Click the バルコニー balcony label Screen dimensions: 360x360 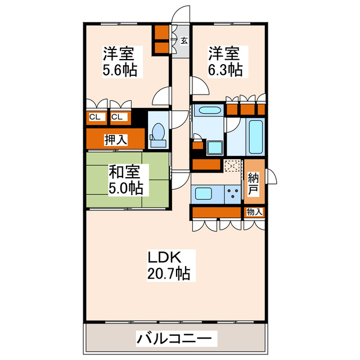point(174,339)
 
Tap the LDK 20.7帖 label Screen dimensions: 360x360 point(169,265)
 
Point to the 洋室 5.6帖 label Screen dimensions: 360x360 point(119,62)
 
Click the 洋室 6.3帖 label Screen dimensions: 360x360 point(225,62)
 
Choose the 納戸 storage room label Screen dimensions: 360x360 point(254,183)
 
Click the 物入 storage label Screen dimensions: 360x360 point(254,212)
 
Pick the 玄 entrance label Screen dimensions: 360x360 point(184,40)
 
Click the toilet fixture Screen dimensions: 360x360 point(158,135)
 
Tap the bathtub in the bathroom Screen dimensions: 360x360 point(256,138)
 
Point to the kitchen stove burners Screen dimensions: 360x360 point(232,195)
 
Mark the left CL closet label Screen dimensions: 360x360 point(95,117)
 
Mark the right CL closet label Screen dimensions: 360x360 point(118,117)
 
